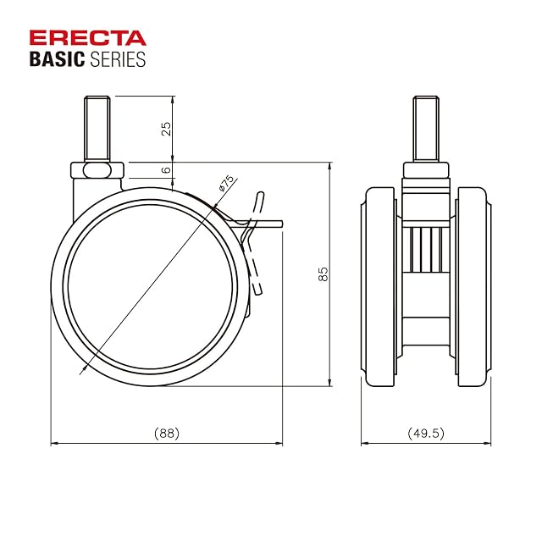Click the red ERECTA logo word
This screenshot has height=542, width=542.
click(88, 37)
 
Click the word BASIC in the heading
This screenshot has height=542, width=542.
click(57, 59)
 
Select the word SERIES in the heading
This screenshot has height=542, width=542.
click(118, 59)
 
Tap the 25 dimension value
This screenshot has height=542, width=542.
click(167, 129)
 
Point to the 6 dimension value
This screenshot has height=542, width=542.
click(167, 169)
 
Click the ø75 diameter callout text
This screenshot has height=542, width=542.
click(226, 184)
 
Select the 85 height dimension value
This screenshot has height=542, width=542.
click(324, 274)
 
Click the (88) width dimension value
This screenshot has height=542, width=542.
click(167, 433)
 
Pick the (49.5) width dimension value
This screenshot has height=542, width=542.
click(426, 433)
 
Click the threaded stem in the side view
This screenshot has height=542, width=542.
click(97, 128)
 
